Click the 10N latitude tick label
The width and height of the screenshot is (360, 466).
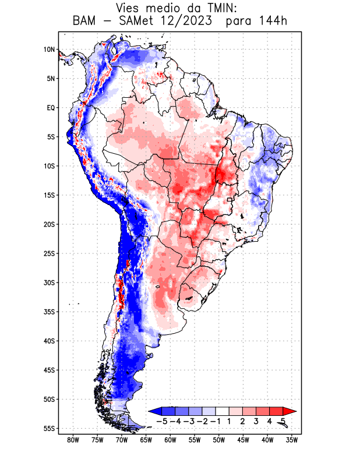(x=49, y=50)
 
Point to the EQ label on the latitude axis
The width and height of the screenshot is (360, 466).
(x=51, y=108)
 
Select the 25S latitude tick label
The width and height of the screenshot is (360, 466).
(x=49, y=253)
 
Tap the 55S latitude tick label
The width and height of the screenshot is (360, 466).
(x=49, y=428)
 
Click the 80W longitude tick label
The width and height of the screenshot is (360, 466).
(x=73, y=440)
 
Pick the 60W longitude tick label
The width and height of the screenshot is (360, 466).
(x=170, y=440)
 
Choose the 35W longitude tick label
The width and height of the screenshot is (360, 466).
(x=292, y=440)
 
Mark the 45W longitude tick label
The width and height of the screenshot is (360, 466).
(x=243, y=440)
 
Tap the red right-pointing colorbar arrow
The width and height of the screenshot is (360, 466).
(x=290, y=411)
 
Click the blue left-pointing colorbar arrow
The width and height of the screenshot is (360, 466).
(x=154, y=411)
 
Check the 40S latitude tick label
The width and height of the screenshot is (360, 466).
(x=49, y=341)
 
